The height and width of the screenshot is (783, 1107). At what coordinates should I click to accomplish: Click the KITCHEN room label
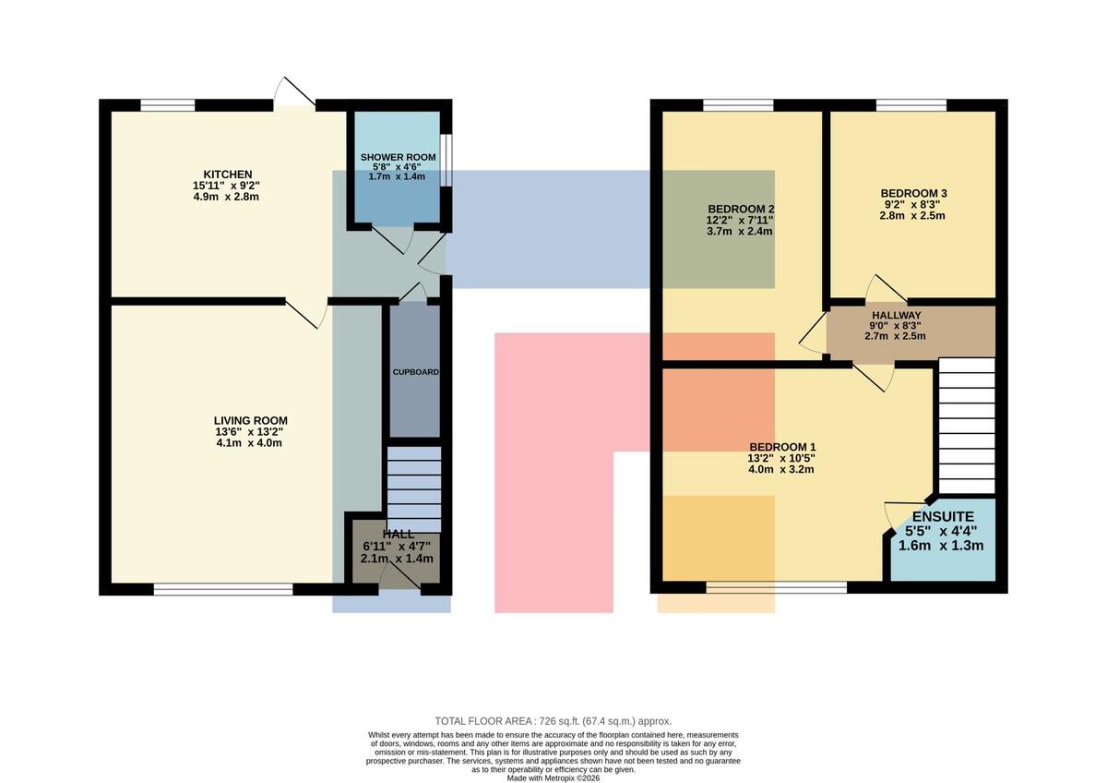tap(228, 175)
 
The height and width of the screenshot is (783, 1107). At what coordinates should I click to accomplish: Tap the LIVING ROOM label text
tap(251, 421)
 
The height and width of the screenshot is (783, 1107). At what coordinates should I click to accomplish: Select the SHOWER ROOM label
tap(398, 157)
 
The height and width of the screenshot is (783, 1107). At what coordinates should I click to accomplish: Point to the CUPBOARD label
tap(416, 372)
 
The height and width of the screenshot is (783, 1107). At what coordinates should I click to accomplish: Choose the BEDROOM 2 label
tap(741, 210)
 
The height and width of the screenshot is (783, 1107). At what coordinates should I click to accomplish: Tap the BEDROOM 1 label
tap(782, 447)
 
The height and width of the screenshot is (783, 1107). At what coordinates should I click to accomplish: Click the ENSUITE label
tap(943, 517)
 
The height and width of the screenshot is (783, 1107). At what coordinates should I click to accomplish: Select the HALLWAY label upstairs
tap(897, 315)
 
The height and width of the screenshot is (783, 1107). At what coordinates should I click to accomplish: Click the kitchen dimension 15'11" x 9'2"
tap(226, 186)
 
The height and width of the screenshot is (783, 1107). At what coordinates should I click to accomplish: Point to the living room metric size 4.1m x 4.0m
tap(249, 443)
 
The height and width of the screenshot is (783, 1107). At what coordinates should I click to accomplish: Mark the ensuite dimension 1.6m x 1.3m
tap(940, 546)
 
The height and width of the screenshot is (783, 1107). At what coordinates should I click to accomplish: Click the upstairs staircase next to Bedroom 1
tap(967, 426)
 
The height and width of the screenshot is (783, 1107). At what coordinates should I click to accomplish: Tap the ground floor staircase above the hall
tap(413, 489)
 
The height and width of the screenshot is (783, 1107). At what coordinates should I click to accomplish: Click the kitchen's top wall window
tap(168, 105)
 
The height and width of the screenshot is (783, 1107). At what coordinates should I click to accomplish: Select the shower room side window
tap(446, 159)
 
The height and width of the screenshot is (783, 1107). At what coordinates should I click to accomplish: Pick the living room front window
tap(223, 588)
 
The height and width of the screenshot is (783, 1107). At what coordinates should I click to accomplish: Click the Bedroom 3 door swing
tap(886, 288)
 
